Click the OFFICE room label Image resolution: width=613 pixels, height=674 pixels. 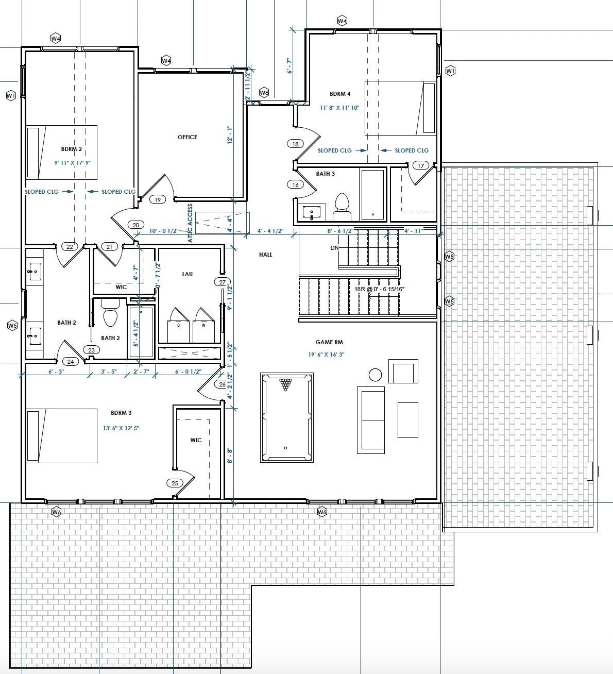tap(187, 137)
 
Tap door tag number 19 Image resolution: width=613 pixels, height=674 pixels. tap(158, 200)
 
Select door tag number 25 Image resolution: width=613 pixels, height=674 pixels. tap(175, 483)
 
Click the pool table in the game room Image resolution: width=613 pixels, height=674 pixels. tap(287, 417)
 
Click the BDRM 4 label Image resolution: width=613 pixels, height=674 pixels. tap(340, 94)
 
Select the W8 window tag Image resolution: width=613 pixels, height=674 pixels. tap(264, 93)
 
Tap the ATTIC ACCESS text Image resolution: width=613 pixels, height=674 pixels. tap(190, 223)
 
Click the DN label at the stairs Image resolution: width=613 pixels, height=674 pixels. tap(334, 248)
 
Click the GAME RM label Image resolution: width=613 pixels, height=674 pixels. tap(329, 342)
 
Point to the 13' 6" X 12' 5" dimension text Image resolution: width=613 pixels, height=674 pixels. tap(122, 428)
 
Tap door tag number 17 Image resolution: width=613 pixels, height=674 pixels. tap(421, 165)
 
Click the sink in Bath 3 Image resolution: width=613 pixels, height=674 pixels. tap(312, 211)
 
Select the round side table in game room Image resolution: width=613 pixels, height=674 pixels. tap(375, 374)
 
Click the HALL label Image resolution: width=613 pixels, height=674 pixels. tap(266, 255)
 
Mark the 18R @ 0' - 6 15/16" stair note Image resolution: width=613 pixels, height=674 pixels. tap(379, 289)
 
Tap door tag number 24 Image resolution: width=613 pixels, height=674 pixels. tap(71, 362)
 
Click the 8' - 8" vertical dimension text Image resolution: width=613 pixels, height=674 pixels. tap(230, 456)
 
